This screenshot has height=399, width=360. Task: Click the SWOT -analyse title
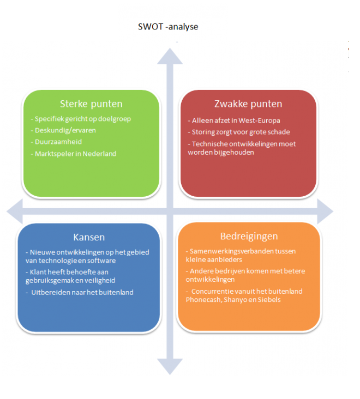click(x=168, y=27)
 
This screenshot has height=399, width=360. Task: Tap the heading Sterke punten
click(x=91, y=104)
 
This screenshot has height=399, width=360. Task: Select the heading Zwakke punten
click(x=248, y=104)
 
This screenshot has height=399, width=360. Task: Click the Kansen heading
click(x=89, y=237)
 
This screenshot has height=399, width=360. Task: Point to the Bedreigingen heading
click(x=249, y=237)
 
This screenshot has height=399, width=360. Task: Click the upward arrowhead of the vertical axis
click(x=170, y=56)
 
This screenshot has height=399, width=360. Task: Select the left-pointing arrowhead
click(x=15, y=211)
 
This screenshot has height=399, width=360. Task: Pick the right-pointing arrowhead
click(x=326, y=211)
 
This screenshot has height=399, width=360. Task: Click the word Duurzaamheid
click(x=58, y=142)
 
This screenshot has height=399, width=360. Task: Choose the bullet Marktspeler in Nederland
click(x=74, y=154)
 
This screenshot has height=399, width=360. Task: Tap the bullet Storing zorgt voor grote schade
click(x=239, y=132)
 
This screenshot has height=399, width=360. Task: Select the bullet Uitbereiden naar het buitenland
click(x=80, y=292)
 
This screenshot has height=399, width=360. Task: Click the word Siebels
click(x=269, y=300)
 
